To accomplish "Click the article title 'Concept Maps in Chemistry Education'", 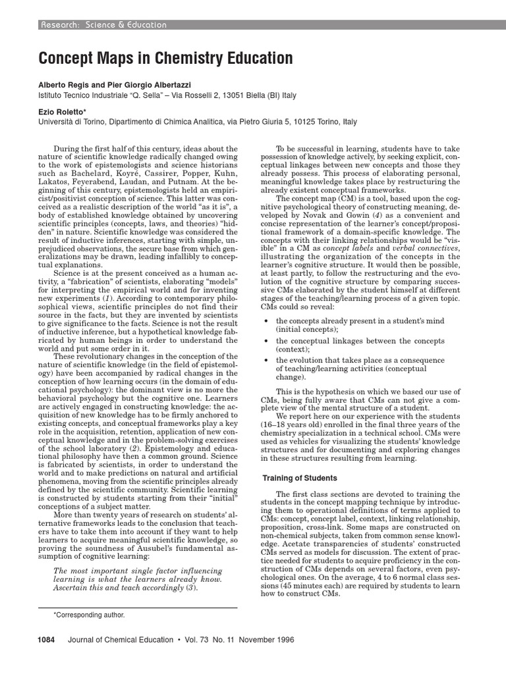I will click(x=165, y=59).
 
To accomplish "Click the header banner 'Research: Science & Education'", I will click(x=104, y=25).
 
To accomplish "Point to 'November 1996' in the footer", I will click(x=264, y=639).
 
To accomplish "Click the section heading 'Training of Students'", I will click(x=300, y=478).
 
